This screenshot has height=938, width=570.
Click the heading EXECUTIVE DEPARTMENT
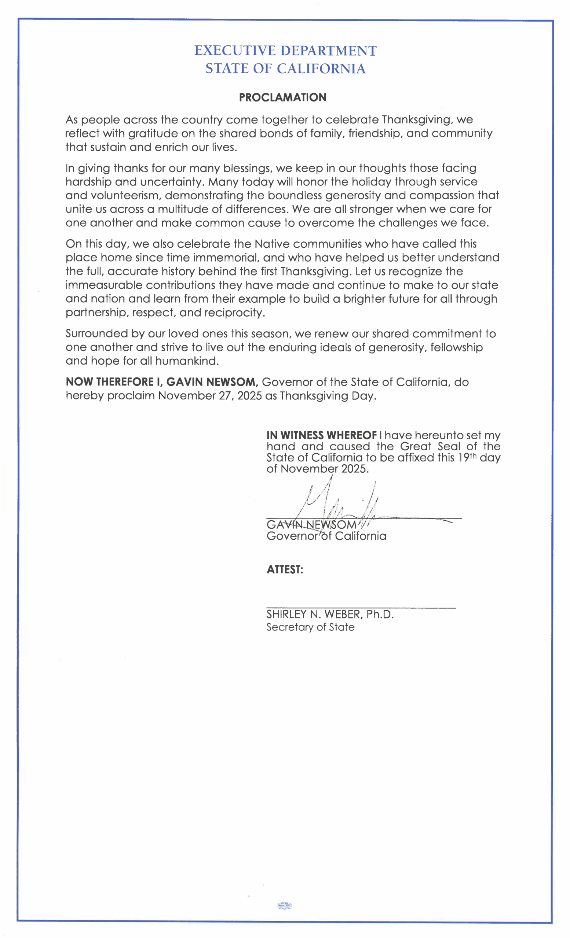[285, 51]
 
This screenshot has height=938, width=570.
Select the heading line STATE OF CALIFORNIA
[285, 69]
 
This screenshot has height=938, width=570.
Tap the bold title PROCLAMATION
[282, 97]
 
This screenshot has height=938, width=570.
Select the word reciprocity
[234, 313]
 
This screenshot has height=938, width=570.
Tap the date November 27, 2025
[210, 396]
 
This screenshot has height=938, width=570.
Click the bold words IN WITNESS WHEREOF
[321, 435]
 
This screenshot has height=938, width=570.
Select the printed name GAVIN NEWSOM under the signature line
[311, 525]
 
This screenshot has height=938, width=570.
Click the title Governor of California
[326, 536]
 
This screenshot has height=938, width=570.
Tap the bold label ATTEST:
[285, 569]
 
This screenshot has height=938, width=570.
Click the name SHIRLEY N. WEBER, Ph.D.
[330, 614]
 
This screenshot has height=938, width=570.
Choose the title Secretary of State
[310, 627]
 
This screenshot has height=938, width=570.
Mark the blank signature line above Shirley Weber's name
[361, 608]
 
